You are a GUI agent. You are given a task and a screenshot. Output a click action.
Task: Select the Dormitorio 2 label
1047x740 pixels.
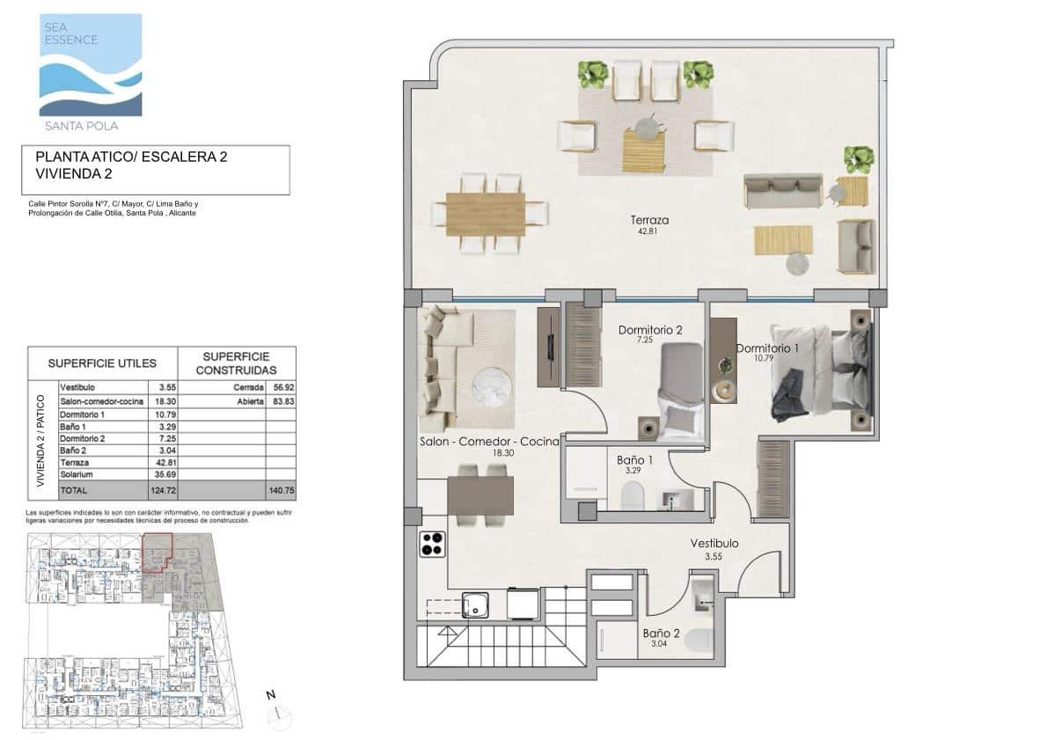pyautogui.click(x=650, y=331)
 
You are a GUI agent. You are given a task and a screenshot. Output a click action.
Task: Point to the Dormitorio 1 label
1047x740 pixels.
pyautogui.click(x=767, y=348)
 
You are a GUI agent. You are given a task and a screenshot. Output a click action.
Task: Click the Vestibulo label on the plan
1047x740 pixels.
pyautogui.click(x=714, y=544)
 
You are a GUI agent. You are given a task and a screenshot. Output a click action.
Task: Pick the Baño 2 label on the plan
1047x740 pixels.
pyautogui.click(x=661, y=633)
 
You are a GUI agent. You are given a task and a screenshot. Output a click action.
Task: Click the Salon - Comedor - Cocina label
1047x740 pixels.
pyautogui.click(x=489, y=442)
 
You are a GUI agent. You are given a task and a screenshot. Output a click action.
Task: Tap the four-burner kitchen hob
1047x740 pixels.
pyautogui.click(x=432, y=545)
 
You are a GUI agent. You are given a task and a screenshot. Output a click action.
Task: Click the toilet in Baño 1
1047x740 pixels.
pyautogui.click(x=633, y=498)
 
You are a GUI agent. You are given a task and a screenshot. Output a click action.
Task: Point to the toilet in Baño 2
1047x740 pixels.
pyautogui.click(x=700, y=641)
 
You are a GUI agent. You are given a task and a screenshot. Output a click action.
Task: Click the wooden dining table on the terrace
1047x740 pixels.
pyautogui.click(x=485, y=215)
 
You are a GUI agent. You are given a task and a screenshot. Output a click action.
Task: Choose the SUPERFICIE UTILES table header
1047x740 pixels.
pyautogui.click(x=102, y=363)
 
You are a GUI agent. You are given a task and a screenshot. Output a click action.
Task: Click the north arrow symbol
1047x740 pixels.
pyautogui.click(x=275, y=711)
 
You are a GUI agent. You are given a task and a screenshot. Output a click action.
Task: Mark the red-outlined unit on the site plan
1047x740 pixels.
pyautogui.click(x=157, y=552)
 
